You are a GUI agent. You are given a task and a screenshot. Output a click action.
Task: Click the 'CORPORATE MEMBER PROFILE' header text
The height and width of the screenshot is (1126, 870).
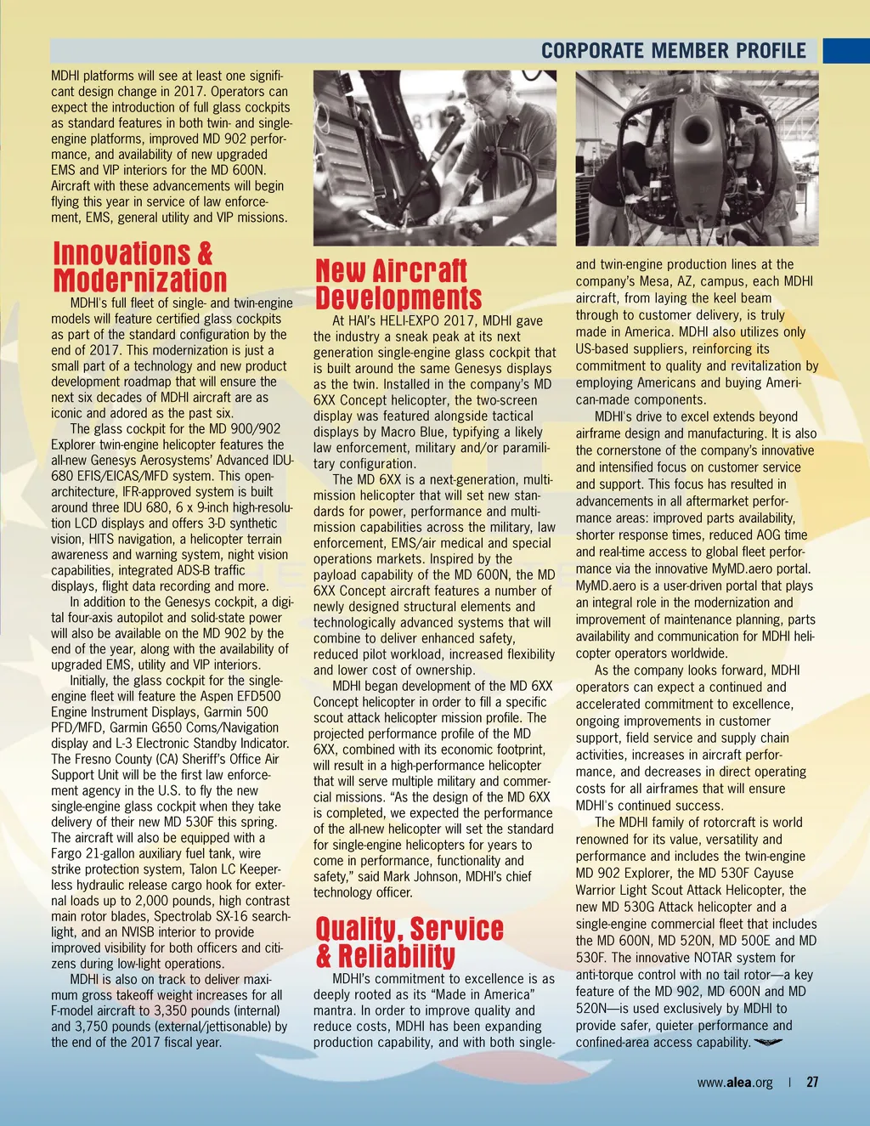pos(674,50)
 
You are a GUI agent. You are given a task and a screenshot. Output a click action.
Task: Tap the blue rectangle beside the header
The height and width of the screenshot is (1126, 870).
pos(845,50)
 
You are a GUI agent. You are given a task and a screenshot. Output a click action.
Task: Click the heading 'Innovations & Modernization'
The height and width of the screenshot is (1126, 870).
pos(140,267)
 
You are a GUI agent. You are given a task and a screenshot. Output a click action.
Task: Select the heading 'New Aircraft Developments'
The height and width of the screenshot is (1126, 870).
pos(398,285)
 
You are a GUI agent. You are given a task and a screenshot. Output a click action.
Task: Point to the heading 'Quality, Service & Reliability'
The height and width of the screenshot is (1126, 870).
pos(409,942)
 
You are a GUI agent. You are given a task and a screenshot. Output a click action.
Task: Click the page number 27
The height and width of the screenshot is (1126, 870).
pos(813,1082)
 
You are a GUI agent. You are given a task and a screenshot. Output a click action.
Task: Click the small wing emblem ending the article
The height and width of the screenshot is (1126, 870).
pos(768,1043)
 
